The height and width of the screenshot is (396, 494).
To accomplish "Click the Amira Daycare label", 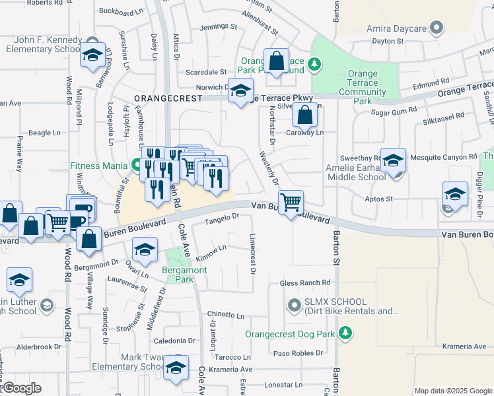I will [x=395, y=30].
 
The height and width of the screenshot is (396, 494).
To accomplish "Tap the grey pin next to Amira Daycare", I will [x=435, y=28].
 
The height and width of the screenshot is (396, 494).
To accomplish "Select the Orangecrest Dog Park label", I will [x=290, y=334].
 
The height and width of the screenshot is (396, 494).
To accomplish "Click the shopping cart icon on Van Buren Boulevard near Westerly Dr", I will [x=291, y=202].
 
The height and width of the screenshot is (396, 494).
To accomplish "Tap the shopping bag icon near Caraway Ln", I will [x=304, y=116].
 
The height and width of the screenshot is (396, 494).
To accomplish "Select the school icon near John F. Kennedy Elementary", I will [x=93, y=55].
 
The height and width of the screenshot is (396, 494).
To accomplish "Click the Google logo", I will [x=21, y=388].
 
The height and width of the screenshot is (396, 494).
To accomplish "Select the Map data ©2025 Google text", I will [x=453, y=391].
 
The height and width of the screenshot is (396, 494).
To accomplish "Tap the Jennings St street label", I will [x=218, y=27].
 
